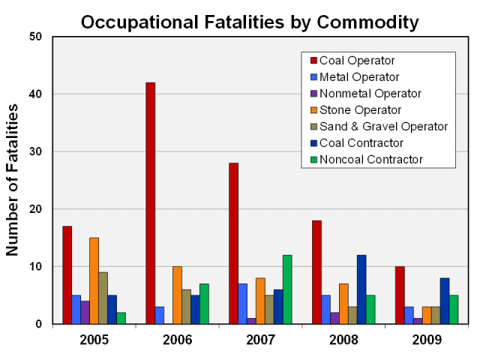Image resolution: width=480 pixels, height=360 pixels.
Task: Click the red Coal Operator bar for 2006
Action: (x=150, y=202)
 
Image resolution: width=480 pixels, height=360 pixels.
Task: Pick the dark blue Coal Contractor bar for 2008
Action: (x=361, y=289)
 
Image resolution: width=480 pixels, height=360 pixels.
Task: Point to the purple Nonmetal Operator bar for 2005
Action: (x=85, y=313)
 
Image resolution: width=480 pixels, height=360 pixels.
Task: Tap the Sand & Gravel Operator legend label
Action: (x=383, y=126)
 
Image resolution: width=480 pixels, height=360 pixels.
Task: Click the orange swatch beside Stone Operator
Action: (x=312, y=109)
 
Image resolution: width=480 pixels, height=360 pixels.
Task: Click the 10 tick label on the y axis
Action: (x=43, y=266)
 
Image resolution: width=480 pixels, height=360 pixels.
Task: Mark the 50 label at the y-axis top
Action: (x=43, y=36)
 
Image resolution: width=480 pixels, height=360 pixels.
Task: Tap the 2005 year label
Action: (x=94, y=339)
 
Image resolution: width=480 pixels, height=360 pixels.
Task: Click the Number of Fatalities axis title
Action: (x=13, y=180)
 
